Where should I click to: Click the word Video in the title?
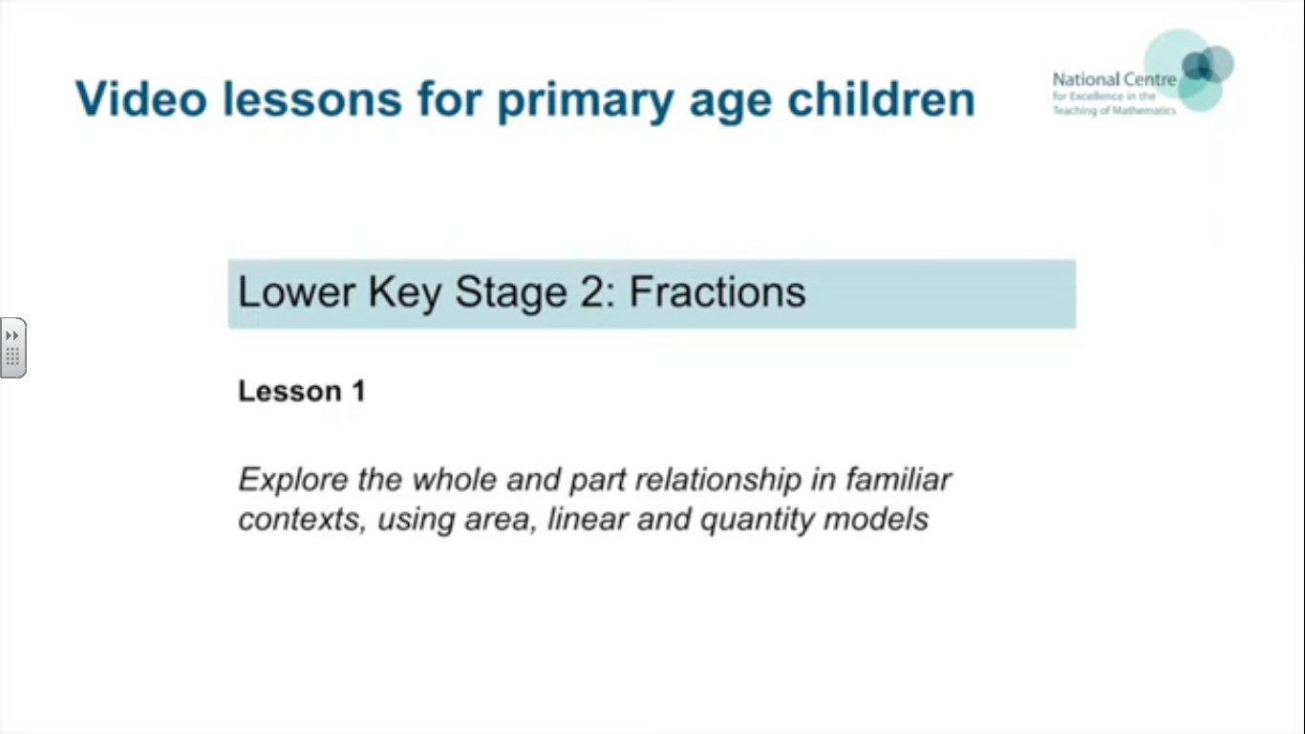[141, 98]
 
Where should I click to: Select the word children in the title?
[881, 98]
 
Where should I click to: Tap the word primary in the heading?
[586, 102]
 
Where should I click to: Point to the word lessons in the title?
[312, 98]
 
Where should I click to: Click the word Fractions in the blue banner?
[717, 291]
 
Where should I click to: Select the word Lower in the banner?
[296, 291]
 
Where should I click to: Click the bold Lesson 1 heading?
[302, 391]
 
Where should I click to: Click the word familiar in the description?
[898, 479]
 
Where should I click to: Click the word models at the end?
[876, 519]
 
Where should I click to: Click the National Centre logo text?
[1114, 94]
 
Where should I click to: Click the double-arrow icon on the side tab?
[11, 335]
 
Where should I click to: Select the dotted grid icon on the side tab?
[12, 356]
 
